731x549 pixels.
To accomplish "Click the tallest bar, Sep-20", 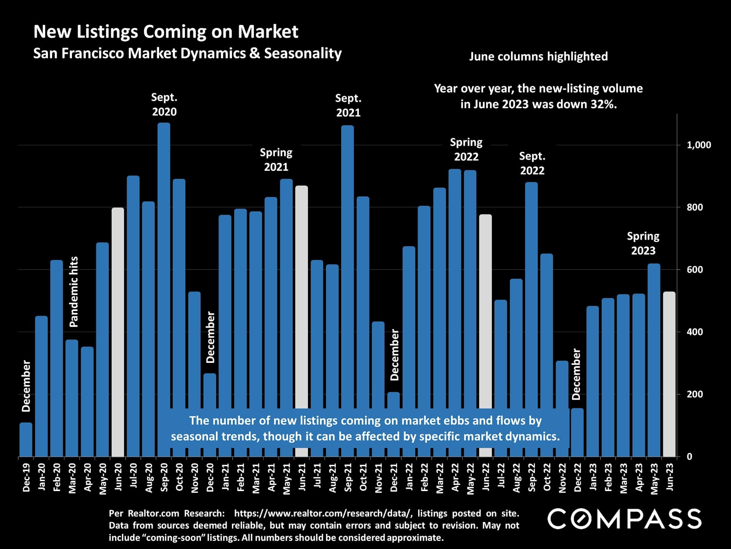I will (x=164, y=267).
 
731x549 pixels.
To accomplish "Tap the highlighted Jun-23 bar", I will (x=669, y=374).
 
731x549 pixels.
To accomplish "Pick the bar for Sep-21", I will (x=347, y=267).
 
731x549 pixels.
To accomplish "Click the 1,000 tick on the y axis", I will (x=699, y=145).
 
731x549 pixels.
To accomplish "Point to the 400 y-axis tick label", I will (x=694, y=332).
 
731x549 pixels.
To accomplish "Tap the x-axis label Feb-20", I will (x=57, y=477).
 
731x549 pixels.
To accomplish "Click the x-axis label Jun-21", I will (x=302, y=477).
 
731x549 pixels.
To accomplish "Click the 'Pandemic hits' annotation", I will (x=74, y=292).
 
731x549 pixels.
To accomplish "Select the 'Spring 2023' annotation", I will (x=643, y=243).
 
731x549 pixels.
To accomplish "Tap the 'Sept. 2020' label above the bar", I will (x=164, y=104).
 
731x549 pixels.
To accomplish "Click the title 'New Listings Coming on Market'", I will (x=166, y=32).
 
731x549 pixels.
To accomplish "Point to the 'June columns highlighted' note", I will (x=538, y=56).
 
